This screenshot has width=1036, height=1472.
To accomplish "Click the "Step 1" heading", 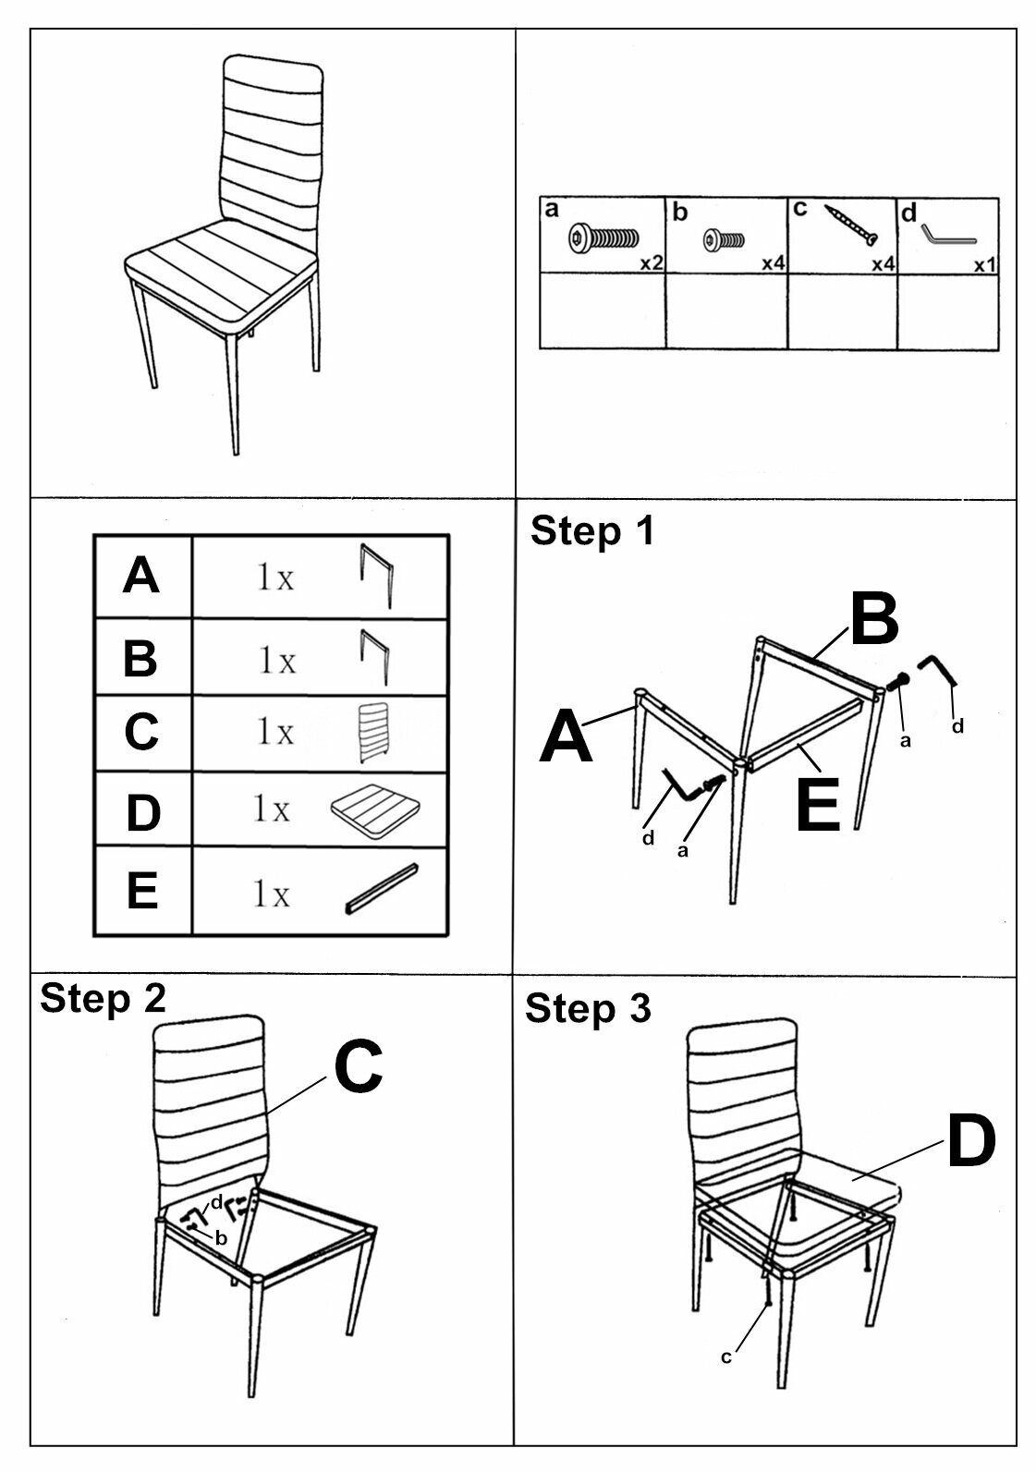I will (591, 531).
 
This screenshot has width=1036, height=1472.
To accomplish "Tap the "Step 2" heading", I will (103, 999).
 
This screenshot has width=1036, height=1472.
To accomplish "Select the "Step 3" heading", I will (588, 1008).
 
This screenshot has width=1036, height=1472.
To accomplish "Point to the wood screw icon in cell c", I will (850, 225).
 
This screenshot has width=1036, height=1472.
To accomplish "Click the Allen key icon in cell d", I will (948, 231).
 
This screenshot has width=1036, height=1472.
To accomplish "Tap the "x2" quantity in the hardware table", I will (652, 263).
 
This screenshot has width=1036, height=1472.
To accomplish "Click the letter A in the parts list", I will (140, 577).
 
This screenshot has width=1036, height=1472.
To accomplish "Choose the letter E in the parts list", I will (141, 892).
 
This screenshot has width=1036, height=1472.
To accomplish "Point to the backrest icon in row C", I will (368, 733).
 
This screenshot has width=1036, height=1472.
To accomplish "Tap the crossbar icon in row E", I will (382, 889).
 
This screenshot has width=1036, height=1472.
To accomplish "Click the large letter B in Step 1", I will (873, 621).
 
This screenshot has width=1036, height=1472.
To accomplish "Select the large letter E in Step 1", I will (818, 804).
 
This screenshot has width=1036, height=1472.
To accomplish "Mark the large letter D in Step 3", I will (970, 1142).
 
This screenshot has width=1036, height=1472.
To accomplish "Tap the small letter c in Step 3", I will (726, 1356).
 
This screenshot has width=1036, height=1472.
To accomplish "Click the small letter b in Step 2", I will (220, 1239).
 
